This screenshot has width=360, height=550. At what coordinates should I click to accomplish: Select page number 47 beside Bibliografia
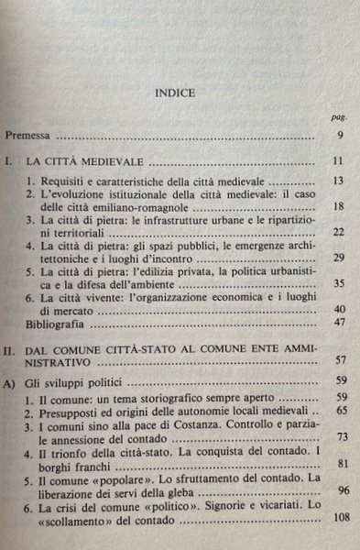tap(336, 324)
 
